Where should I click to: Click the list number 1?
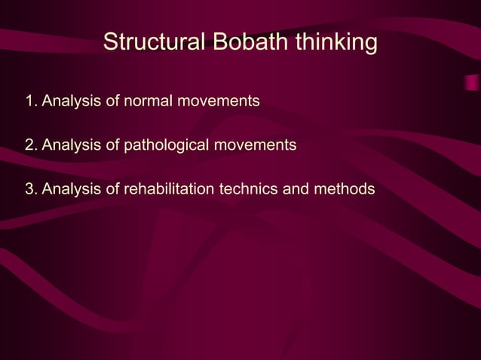(29, 100)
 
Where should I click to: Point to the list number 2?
(29, 144)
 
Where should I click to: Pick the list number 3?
(29, 188)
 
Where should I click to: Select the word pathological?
(173, 144)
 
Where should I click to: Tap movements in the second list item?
(262, 144)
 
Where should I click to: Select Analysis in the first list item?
(67, 100)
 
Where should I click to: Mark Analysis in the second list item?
(67, 144)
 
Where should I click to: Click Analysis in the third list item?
(67, 188)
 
